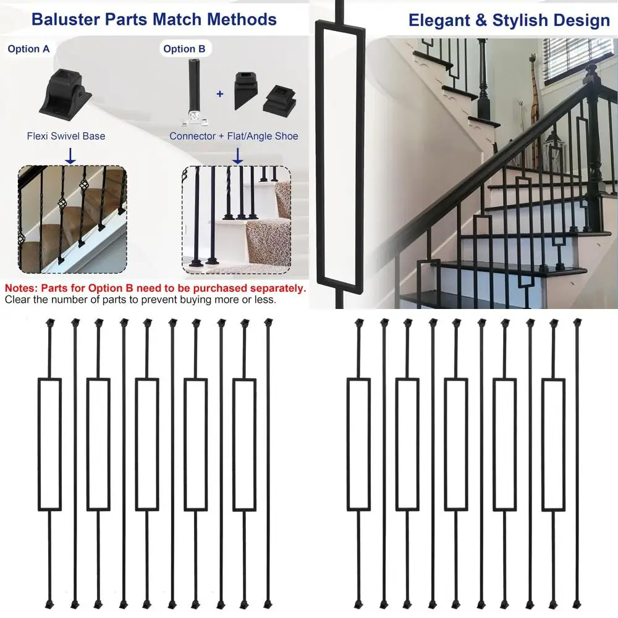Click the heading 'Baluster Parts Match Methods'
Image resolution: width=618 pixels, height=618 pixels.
154,19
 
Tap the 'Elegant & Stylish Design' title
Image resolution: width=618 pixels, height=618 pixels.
509,21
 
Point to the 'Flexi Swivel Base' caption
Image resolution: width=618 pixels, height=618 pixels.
66,136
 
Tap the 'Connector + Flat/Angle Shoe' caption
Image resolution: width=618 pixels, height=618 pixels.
234,136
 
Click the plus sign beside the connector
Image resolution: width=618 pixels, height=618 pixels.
219,95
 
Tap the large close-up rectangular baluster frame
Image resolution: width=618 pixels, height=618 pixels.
337,154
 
